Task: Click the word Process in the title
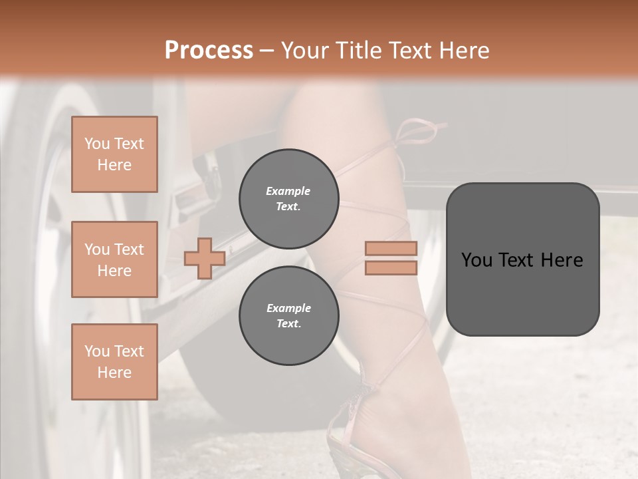coord(209,51)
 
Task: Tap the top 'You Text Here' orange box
coord(114,154)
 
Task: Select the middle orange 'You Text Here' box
coord(114,259)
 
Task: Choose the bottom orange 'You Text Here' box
coord(114,362)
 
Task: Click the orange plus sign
coord(205,258)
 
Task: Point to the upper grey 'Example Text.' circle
coord(288,199)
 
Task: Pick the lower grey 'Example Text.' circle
coord(288,316)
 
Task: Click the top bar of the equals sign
coord(391,249)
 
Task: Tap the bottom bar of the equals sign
coord(391,267)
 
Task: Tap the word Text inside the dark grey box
coord(516,260)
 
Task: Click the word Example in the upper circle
coord(288,191)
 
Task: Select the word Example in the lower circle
coord(288,308)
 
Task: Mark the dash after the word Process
coord(267,51)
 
